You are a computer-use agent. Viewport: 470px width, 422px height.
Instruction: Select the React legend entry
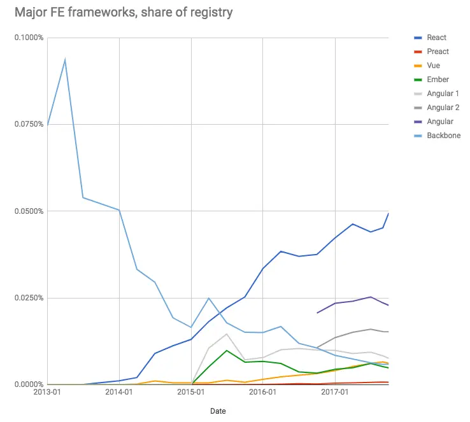(x=436, y=38)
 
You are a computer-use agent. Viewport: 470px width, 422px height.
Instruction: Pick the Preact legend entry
(x=438, y=52)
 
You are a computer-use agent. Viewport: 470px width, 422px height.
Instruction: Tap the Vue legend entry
(x=434, y=66)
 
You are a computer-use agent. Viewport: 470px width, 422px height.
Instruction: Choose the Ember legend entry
(x=437, y=80)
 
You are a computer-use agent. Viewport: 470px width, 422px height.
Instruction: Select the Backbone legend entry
(x=443, y=136)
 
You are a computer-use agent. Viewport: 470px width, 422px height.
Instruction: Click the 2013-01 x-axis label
(x=47, y=393)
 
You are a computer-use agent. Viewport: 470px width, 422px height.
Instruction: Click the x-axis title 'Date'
(x=218, y=411)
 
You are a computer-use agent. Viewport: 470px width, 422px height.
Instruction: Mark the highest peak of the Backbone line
(x=65, y=60)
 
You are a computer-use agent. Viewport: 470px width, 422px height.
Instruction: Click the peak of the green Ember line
(x=227, y=350)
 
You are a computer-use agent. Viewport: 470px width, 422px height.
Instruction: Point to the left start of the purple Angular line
(x=317, y=313)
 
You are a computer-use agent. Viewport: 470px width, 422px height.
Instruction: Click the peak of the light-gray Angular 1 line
(x=227, y=334)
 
